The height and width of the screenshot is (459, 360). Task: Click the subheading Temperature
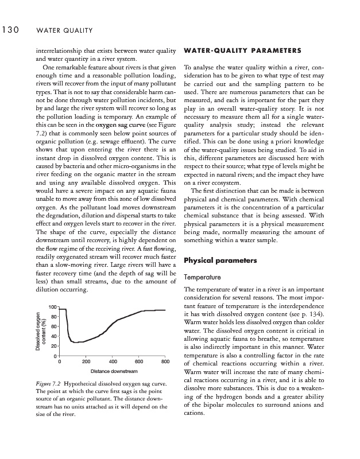(x=202, y=277)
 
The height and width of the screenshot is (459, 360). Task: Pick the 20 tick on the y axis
(x=53, y=347)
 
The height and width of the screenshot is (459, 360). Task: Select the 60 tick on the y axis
(x=53, y=327)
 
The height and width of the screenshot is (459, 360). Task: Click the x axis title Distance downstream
(x=113, y=372)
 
